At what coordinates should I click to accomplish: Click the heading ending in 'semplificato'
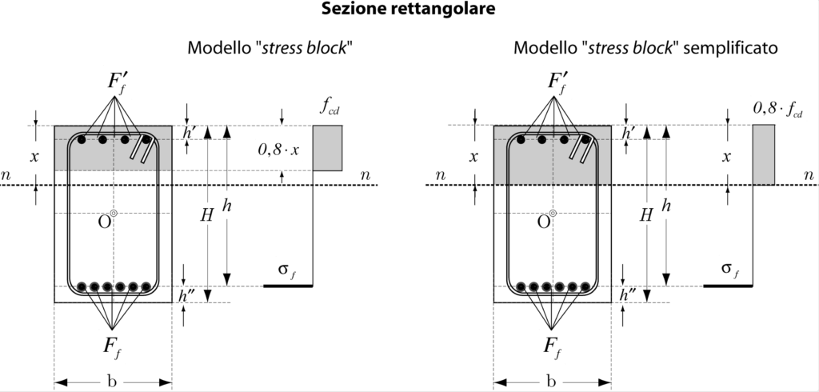(645, 48)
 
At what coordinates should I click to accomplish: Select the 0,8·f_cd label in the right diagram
(776, 107)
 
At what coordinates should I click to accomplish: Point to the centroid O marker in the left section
(114, 214)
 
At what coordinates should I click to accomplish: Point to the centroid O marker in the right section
(553, 214)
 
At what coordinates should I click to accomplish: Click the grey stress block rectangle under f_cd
(327, 148)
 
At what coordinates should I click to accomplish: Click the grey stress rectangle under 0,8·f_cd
(763, 154)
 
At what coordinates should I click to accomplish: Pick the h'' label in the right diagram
(626, 295)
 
